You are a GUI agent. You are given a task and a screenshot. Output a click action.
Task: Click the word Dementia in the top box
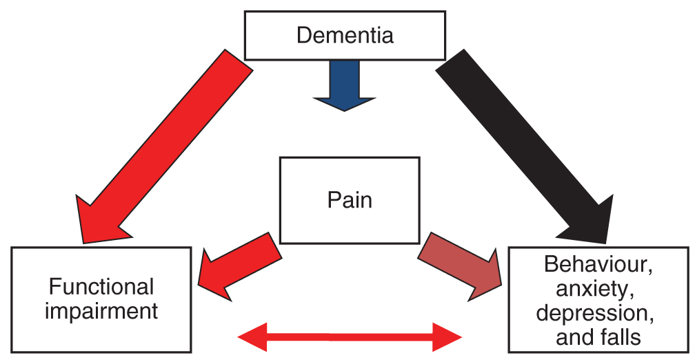(345, 34)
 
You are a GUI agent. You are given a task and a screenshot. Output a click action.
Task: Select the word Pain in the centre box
(349, 200)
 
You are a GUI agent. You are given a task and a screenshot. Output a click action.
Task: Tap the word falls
(617, 337)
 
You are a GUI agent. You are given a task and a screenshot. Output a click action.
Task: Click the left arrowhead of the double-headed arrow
(250, 337)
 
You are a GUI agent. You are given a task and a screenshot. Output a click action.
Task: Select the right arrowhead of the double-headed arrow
(450, 337)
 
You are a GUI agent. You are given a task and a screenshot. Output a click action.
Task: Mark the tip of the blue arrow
(345, 110)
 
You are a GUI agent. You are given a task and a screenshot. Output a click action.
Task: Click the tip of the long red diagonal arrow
(83, 241)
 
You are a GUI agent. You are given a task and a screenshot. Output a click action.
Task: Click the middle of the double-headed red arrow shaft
(349, 337)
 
